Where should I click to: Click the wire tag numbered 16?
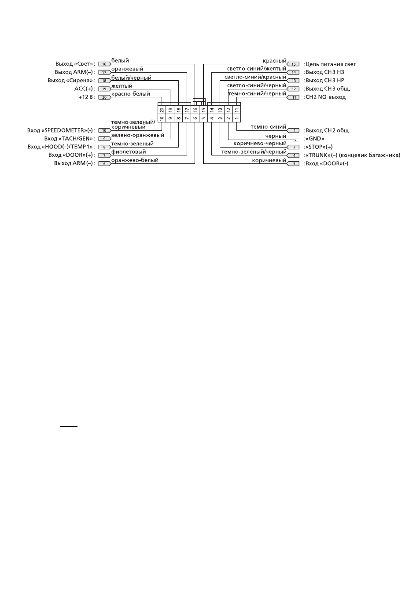pos(105,64)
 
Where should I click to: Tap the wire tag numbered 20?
pos(105,97)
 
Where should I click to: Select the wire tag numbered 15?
pos(293,64)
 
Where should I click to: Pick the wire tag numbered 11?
pos(293,97)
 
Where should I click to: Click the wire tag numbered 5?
pos(293,164)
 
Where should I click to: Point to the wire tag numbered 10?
pos(105,130)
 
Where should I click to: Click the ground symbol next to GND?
pos(295,141)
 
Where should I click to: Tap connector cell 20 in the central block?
pos(162,110)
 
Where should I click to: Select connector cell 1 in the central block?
pos(236,118)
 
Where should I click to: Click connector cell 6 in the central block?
pos(195,118)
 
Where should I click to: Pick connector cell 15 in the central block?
pos(203,110)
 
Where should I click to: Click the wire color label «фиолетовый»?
pos(129,152)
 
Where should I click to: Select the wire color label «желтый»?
pos(122,86)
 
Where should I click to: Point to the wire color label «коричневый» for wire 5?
pos(269,160)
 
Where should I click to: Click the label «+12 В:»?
pos(87,97)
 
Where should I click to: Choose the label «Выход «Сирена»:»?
pos(71,80)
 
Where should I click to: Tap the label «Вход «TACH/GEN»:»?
pos(70,139)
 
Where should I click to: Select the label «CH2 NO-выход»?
pos(325,97)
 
